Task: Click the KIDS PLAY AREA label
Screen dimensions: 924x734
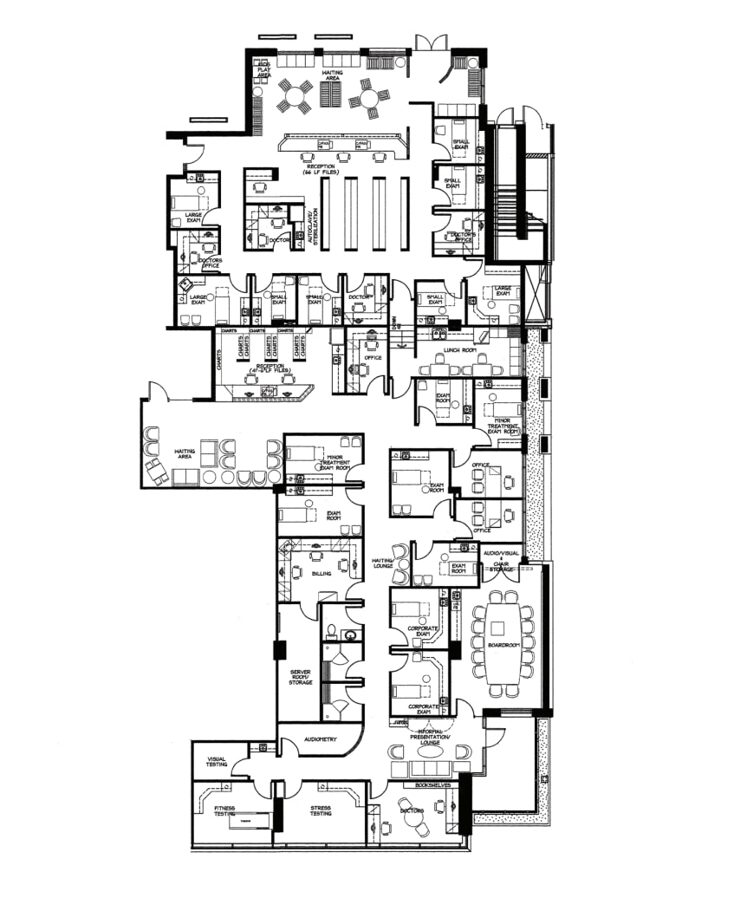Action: pos(263,70)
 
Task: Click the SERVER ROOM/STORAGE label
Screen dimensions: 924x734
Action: pos(300,677)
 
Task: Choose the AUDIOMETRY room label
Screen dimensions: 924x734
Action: pos(320,739)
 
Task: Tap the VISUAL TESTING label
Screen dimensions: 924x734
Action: pos(216,762)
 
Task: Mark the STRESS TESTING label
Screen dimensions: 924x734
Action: pos(320,810)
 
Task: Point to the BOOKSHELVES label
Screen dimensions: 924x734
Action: pos(432,784)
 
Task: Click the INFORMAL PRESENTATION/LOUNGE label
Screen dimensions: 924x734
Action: pos(431,737)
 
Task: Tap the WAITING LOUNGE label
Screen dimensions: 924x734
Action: pos(383,563)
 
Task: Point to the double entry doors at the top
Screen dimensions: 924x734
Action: pos(431,41)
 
